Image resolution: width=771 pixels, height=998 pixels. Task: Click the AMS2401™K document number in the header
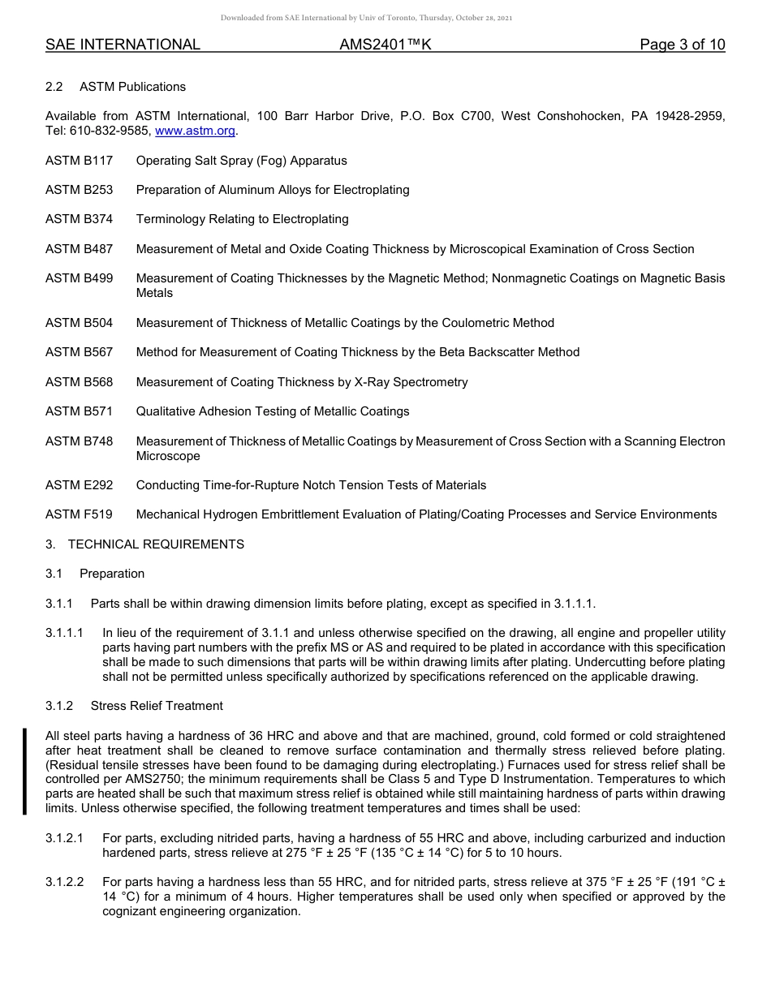point(385,45)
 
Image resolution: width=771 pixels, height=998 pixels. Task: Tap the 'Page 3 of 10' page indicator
point(683,45)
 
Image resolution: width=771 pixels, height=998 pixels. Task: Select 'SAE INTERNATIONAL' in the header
point(123,45)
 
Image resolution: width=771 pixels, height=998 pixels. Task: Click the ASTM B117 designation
point(79,161)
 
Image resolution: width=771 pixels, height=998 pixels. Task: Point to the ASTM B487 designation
point(79,249)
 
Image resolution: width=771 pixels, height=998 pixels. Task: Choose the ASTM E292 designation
point(79,485)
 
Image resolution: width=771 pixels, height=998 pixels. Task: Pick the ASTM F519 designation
point(79,514)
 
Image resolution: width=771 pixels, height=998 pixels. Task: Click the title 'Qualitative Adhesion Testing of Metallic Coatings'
point(273,411)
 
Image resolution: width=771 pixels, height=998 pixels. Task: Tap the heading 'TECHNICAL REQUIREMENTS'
point(156,544)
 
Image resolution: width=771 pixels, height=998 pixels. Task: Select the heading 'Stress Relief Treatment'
point(157,706)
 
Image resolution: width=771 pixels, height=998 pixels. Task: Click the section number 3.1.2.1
point(65,838)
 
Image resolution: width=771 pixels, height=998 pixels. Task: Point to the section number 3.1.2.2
point(65,882)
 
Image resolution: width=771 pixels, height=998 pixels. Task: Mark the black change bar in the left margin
point(25,771)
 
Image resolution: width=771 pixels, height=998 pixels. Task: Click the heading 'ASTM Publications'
point(132,87)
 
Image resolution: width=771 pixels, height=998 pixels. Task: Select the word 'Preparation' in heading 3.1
point(112,574)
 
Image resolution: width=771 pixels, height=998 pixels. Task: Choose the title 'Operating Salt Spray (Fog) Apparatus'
point(241,161)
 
